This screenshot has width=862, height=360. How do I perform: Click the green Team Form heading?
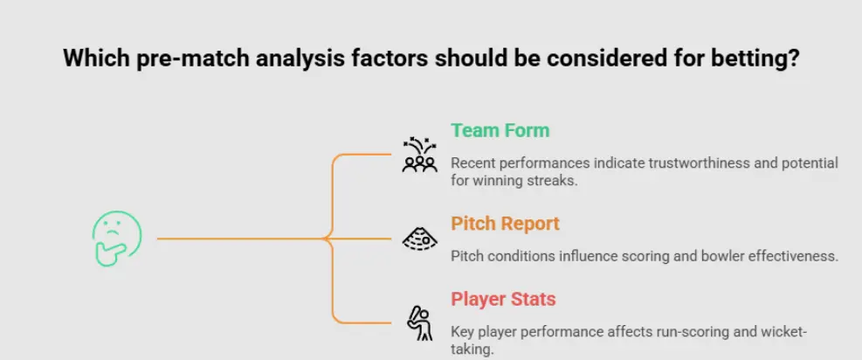pos(500,131)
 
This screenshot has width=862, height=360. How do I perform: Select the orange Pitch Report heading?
pos(505,224)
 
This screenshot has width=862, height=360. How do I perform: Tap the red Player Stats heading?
pos(503,300)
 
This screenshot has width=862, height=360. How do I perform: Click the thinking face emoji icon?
pos(116,239)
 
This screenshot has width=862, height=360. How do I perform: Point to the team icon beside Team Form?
pos(419,155)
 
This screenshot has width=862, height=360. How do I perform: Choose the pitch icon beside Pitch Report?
pos(419,238)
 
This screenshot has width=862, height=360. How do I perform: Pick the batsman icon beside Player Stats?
pos(419,322)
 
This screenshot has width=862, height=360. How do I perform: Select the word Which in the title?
pos(91,59)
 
